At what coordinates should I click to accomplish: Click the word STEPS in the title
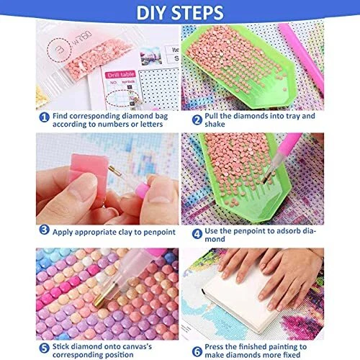pos(197,12)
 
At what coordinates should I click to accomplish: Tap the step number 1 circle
pos(45,117)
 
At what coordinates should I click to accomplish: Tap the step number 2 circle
pos(197,120)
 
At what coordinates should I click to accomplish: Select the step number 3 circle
pos(45,230)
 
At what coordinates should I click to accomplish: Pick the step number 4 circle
pos(197,234)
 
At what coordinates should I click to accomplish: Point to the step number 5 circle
pos(45,348)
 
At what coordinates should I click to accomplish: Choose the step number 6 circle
pos(197,351)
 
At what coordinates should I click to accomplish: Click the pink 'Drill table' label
pos(121,75)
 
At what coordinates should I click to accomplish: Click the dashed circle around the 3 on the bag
pos(58,50)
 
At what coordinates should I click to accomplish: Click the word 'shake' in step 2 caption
pos(215,124)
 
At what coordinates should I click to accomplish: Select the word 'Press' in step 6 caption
pos(215,347)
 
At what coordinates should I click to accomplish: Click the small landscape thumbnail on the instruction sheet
pos(150,56)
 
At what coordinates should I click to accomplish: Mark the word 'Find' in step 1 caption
pos(60,116)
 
